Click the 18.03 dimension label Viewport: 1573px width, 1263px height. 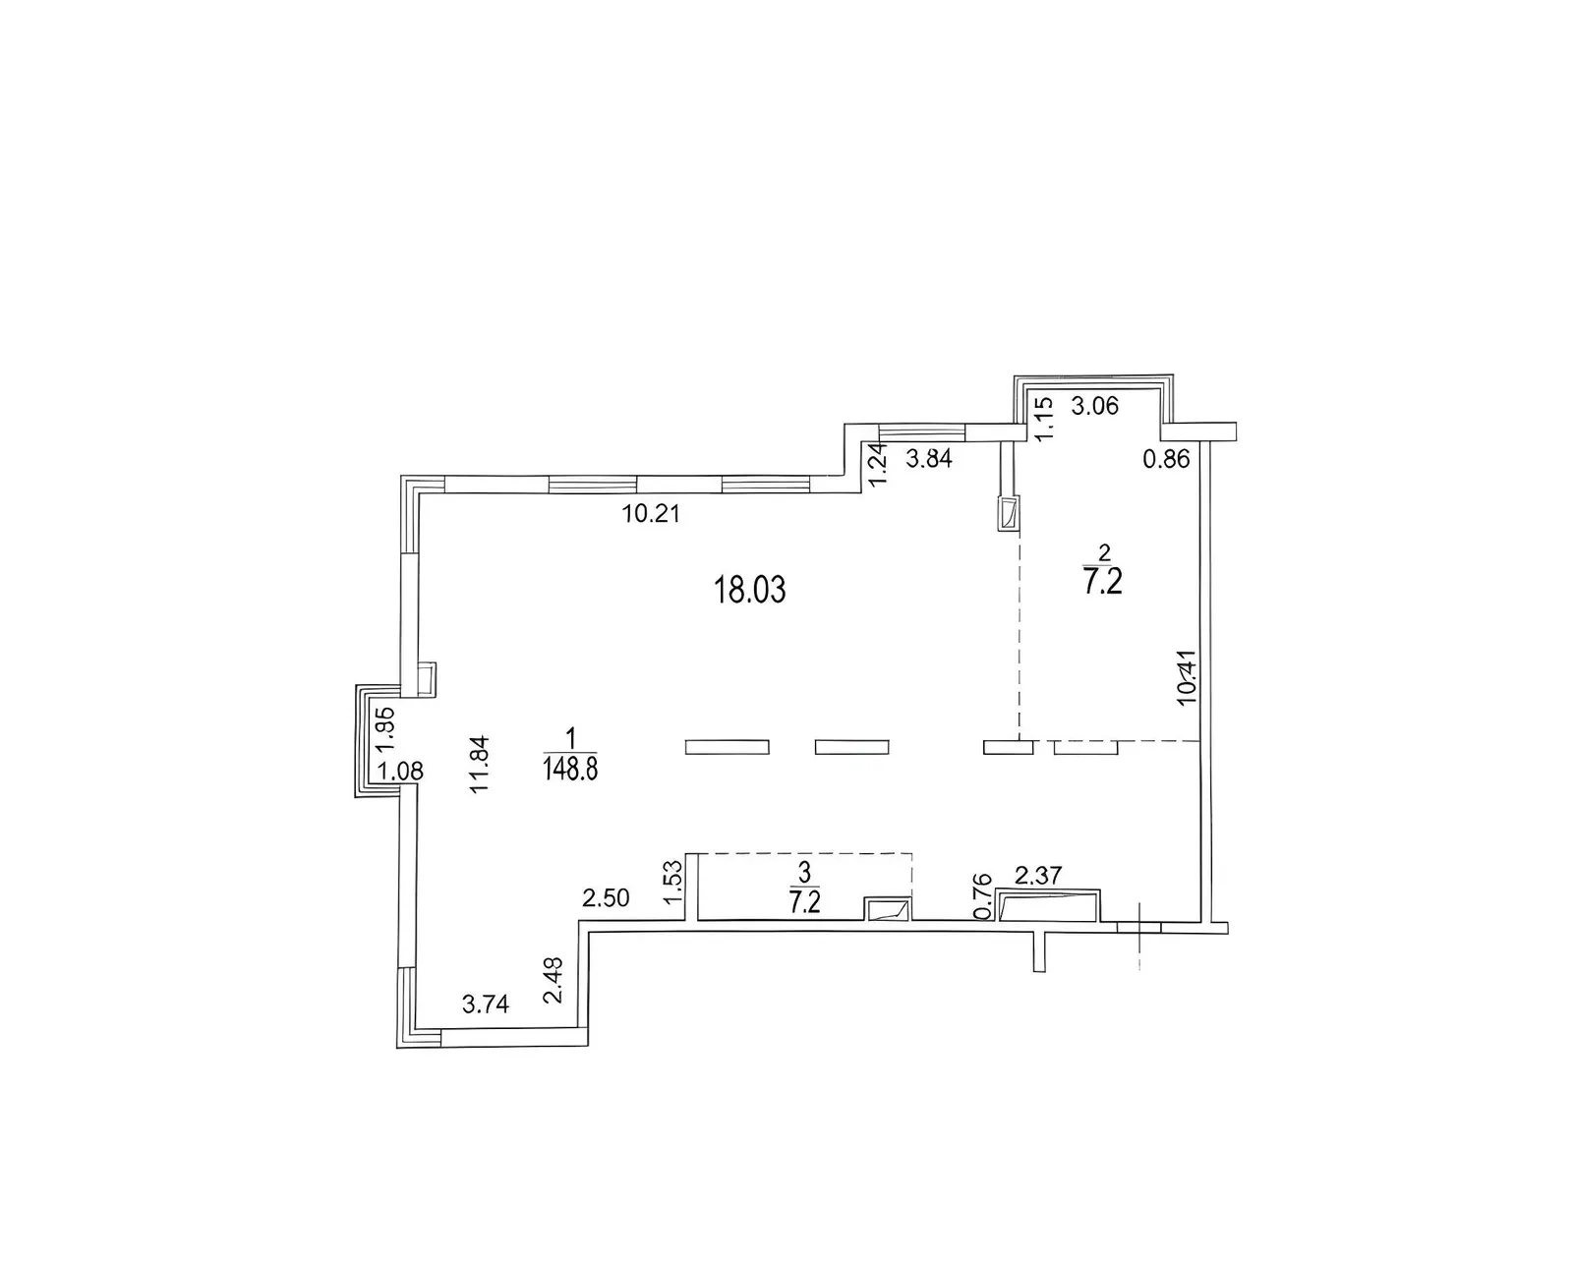click(x=749, y=590)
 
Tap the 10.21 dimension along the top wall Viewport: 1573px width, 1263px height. click(x=651, y=514)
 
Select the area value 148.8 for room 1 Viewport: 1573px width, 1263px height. click(x=570, y=769)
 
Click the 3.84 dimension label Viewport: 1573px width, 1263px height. click(x=929, y=458)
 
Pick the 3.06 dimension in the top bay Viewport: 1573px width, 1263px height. click(x=1095, y=406)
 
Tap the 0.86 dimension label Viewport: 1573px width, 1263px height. click(x=1167, y=459)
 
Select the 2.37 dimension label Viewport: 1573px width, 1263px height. click(x=1038, y=875)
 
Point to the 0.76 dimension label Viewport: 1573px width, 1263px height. click(x=984, y=896)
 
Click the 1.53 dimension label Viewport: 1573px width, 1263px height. click(x=674, y=883)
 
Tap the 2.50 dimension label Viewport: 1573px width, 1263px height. click(x=606, y=898)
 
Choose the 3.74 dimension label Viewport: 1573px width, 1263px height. click(x=486, y=1005)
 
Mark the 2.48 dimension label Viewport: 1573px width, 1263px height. click(x=554, y=981)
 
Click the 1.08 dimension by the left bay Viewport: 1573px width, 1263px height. click(x=400, y=772)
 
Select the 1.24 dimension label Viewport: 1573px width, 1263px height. click(x=878, y=466)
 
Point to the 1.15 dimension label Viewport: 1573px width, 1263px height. click(x=1043, y=418)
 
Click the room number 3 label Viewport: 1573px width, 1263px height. click(x=805, y=872)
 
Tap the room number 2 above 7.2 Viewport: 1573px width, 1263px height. click(x=1104, y=551)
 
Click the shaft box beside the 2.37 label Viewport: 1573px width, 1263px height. click(x=1049, y=906)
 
